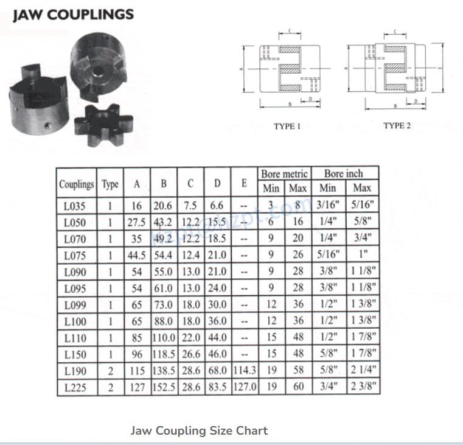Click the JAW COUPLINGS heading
click(x=73, y=14)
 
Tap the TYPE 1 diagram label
click(x=287, y=127)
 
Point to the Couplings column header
click(x=77, y=184)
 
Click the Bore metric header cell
click(x=284, y=174)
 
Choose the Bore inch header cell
click(x=346, y=174)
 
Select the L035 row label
click(x=75, y=206)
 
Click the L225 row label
click(x=75, y=387)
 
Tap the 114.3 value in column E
click(x=245, y=370)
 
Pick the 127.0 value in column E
click(x=245, y=387)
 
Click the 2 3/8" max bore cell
click(x=363, y=387)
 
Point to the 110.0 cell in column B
click(x=164, y=337)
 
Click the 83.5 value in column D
click(x=217, y=387)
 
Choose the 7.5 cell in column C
click(x=190, y=206)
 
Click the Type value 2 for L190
click(x=110, y=370)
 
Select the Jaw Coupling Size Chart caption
click(x=199, y=430)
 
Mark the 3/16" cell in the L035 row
click(x=329, y=206)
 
